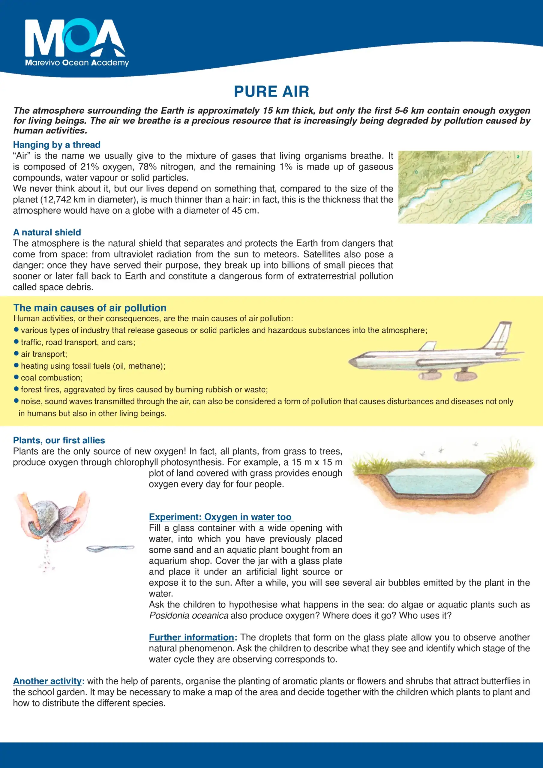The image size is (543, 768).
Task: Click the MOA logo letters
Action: pos(75,38)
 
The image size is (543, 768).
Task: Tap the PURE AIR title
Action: pos(271,91)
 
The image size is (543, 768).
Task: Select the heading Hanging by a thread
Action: pos(56,145)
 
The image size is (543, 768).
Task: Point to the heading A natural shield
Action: pos(47,232)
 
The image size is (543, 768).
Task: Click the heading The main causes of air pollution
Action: pos(90,308)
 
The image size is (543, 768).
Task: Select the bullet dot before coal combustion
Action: pos(16,377)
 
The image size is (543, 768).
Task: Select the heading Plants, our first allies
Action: pos(59,440)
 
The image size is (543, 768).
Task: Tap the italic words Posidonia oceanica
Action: pos(189,616)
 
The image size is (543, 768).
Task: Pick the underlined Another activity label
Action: pos(47,681)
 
